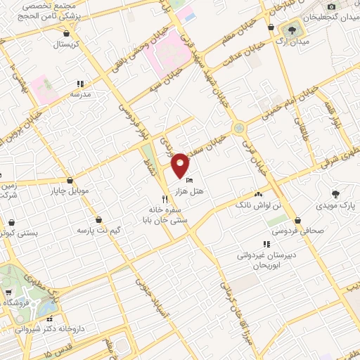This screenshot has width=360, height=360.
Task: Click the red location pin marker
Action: coord(181,165)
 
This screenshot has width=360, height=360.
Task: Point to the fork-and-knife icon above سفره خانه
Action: coord(165,199)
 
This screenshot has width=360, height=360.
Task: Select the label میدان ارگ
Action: coord(289,42)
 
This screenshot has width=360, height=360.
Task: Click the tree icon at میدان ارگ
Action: coord(289,30)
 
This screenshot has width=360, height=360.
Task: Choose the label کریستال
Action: coord(67,44)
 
